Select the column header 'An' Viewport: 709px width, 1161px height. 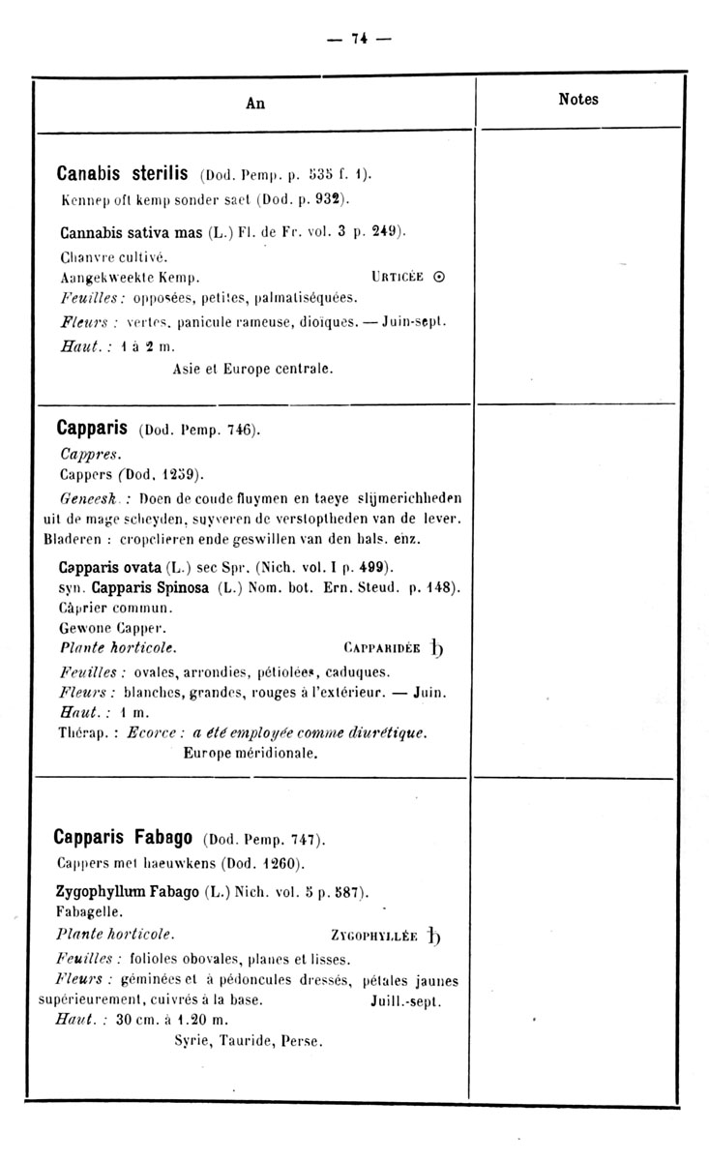[255, 104]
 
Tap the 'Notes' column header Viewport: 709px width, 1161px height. [578, 99]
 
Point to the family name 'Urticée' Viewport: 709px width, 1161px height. [397, 277]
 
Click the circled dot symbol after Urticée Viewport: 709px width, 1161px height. [439, 277]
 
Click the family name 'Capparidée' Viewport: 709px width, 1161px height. [381, 648]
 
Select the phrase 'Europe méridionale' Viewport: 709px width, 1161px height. [251, 751]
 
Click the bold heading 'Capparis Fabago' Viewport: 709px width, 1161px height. [127, 836]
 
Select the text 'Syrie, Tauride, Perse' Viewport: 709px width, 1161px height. [247, 1041]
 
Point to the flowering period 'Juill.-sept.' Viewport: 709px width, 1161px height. [405, 1002]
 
